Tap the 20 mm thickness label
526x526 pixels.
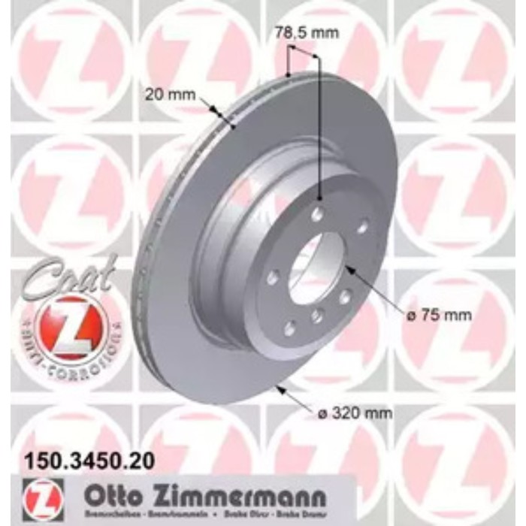point(170,95)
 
